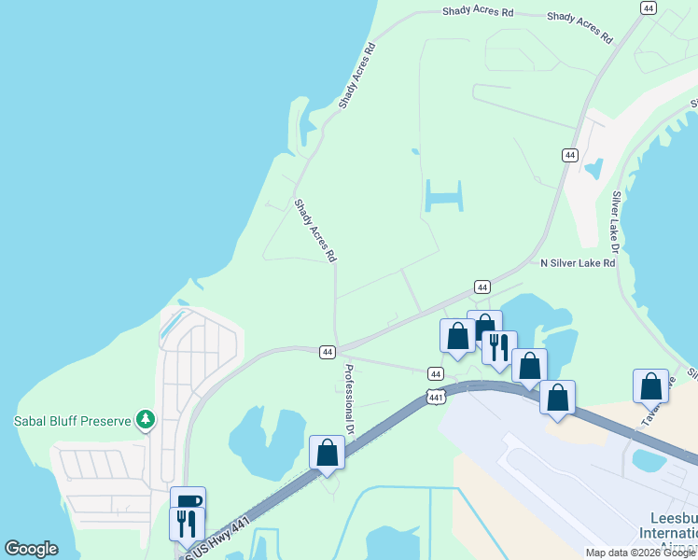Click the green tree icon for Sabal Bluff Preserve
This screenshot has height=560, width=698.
click(x=145, y=420)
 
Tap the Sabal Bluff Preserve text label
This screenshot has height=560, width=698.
click(x=72, y=421)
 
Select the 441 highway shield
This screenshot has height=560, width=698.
click(x=436, y=397)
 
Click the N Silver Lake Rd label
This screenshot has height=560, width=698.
click(x=578, y=263)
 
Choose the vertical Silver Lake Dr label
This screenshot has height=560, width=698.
click(x=615, y=223)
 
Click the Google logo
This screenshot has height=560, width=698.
click(x=31, y=549)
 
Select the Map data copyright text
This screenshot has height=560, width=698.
click(x=639, y=553)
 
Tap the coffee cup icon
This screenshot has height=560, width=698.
click(x=188, y=502)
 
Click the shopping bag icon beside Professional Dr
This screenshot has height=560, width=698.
click(x=327, y=453)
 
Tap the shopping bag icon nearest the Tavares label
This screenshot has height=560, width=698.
click(x=650, y=385)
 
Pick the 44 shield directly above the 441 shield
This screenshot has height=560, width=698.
click(x=436, y=372)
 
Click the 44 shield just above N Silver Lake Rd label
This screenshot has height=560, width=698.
click(x=482, y=287)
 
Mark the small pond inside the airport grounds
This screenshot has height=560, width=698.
click(x=649, y=460)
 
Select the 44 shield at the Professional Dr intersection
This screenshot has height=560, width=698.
click(x=327, y=352)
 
